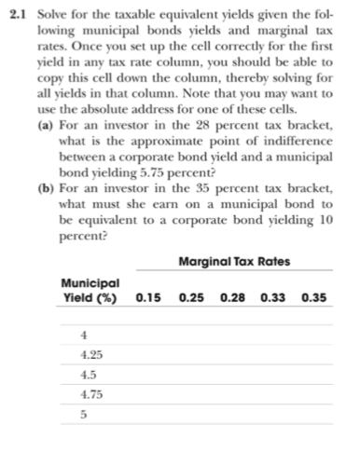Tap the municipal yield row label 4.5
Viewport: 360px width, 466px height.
click(x=89, y=376)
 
